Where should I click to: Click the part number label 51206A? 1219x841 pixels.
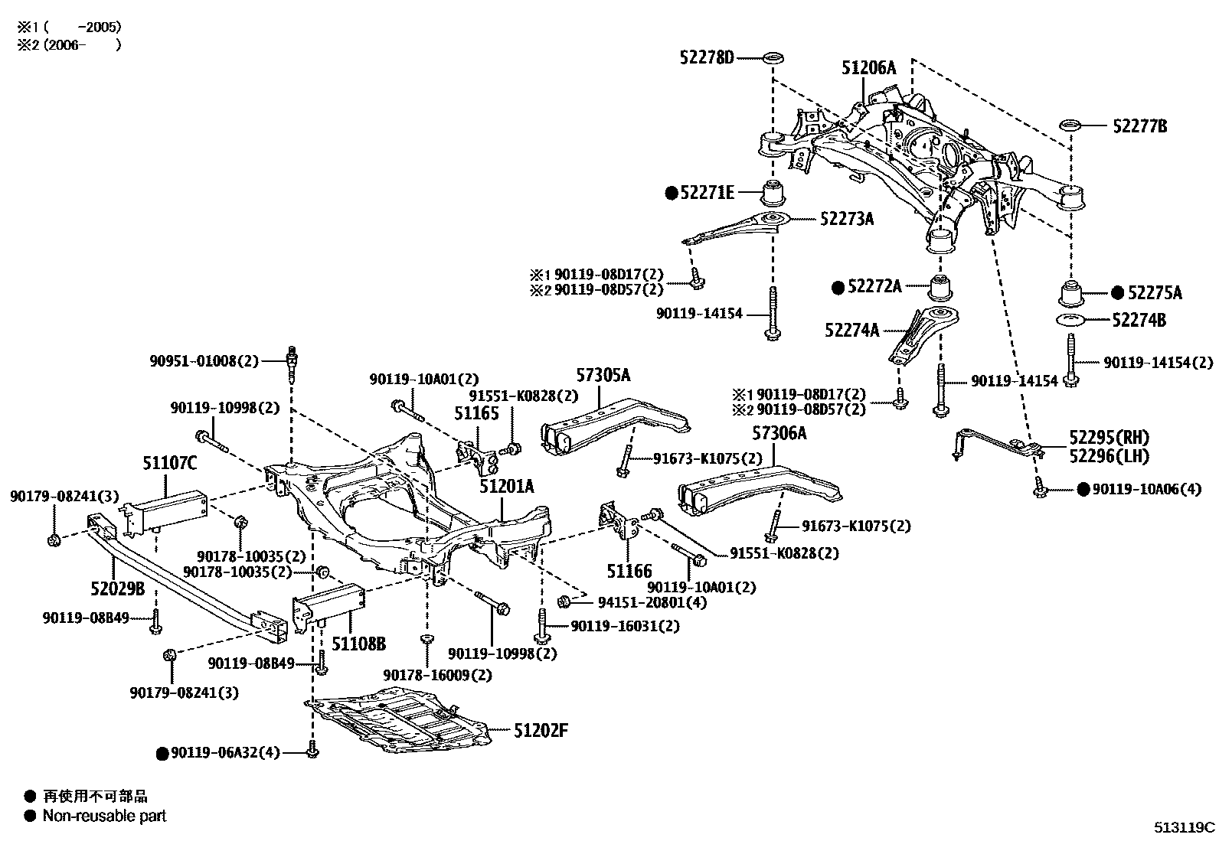coord(868,68)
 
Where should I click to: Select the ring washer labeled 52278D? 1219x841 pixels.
coord(774,57)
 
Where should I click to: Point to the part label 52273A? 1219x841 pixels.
coord(846,219)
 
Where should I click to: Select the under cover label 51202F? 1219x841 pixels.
coord(541,731)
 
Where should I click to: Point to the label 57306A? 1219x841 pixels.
coord(779,434)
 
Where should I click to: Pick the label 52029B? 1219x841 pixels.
coord(117,588)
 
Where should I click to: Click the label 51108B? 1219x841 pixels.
coord(358,643)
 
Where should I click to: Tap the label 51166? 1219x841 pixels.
coord(629,570)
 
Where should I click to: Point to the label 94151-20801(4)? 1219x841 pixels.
coord(652,602)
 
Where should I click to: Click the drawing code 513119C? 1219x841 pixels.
coord(1185,827)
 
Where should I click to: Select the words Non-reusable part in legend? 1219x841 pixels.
coord(104,816)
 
